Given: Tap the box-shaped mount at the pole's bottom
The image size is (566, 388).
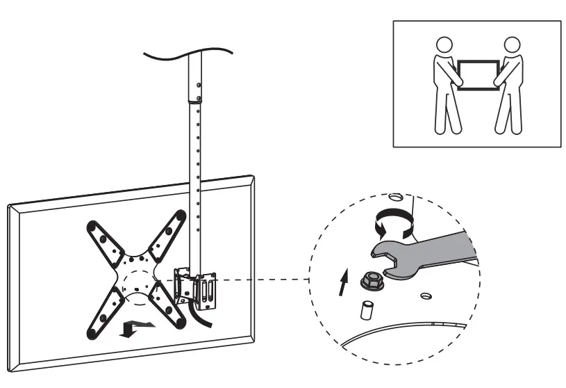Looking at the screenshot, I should pyautogui.click(x=199, y=289).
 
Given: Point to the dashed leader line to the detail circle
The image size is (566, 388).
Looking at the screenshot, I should pyautogui.click(x=264, y=280).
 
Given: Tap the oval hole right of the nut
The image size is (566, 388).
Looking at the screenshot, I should pyautogui.click(x=425, y=295).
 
